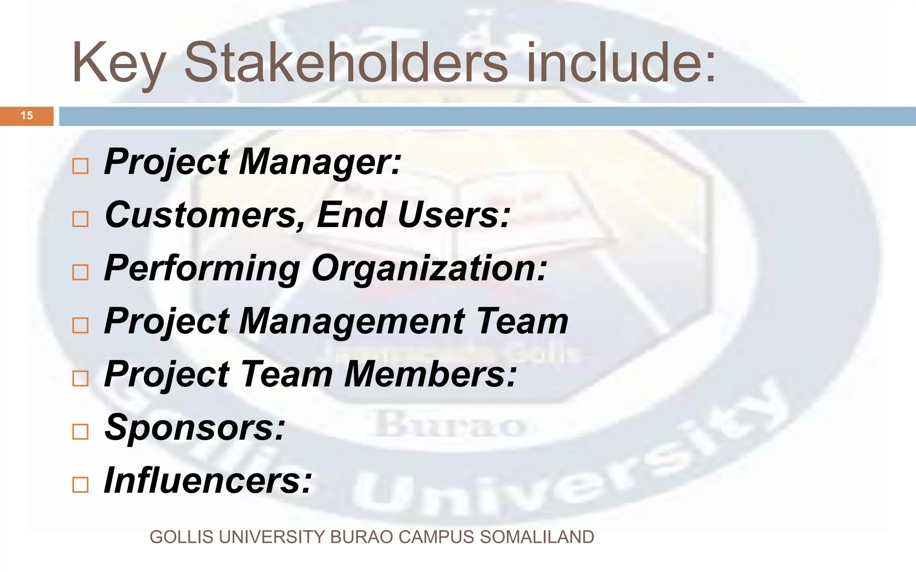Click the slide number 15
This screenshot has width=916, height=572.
pos(27,116)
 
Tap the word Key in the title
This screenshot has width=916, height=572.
pos(119,63)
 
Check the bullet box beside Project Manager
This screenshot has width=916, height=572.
pos(81,166)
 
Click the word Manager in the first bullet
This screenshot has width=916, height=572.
pos(319,162)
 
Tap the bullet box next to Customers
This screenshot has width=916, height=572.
pos(81,219)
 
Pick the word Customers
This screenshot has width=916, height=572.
pos(205,215)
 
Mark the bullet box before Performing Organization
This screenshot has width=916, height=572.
pos(81,272)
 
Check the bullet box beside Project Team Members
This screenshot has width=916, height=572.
pos(81,379)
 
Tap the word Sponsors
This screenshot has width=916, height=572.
pos(195,428)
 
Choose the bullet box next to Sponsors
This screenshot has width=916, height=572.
pos(81,432)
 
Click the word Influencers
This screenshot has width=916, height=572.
pos(208,481)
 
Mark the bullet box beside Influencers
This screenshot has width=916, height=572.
pos(81,484)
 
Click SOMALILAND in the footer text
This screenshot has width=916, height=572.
pos(537,537)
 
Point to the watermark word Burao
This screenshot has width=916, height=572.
pos(450,425)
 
